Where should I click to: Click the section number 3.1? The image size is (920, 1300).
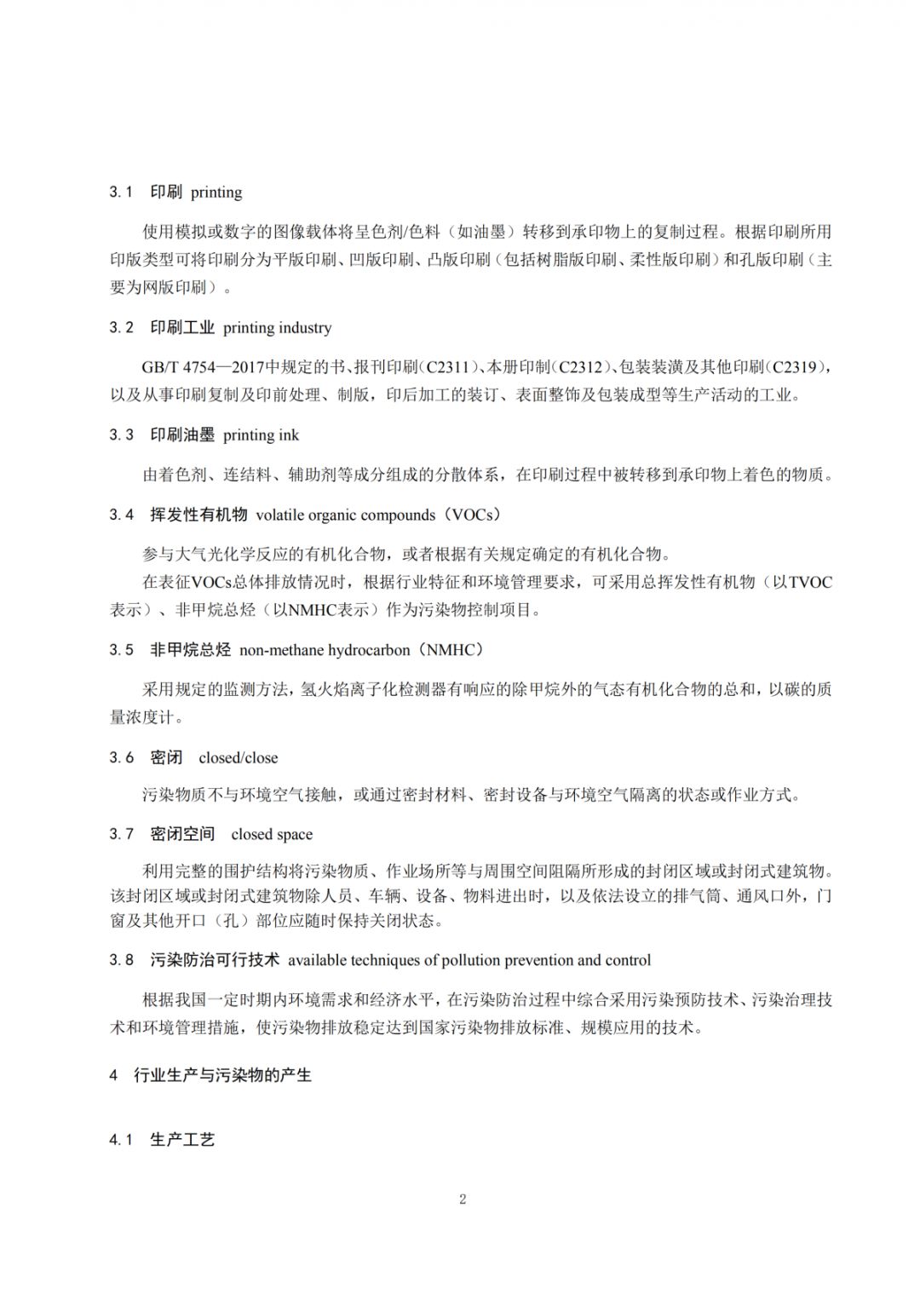pyautogui.click(x=120, y=193)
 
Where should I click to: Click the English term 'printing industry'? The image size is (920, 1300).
pyautogui.click(x=277, y=328)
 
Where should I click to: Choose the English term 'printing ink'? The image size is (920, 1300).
pyautogui.click(x=261, y=435)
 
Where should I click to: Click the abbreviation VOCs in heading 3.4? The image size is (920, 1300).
pyautogui.click(x=471, y=515)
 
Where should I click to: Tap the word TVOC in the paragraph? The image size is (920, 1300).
pyautogui.click(x=810, y=583)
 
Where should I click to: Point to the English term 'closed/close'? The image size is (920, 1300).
pyautogui.click(x=238, y=758)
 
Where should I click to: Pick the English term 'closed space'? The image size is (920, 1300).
pyautogui.click(x=272, y=835)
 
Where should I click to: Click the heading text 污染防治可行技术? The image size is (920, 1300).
pyautogui.click(x=215, y=960)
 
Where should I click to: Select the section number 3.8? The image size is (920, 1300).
pyautogui.click(x=121, y=960)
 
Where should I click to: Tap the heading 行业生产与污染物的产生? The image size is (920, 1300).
pyautogui.click(x=222, y=1076)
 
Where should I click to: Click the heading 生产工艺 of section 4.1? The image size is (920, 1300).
pyautogui.click(x=182, y=1140)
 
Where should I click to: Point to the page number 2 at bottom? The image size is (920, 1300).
pyautogui.click(x=463, y=1199)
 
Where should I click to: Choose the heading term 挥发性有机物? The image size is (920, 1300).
pyautogui.click(x=198, y=515)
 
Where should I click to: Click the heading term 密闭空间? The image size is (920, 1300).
pyautogui.click(x=182, y=834)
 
